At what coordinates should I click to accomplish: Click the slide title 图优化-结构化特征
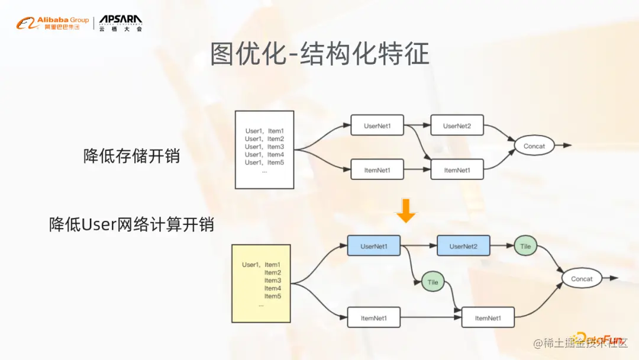pos(319,55)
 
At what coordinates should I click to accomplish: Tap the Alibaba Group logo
pos(53,24)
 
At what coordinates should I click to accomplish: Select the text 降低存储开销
pos(131,156)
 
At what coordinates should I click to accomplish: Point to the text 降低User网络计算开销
pos(131,225)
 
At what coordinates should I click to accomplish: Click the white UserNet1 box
pos(377,126)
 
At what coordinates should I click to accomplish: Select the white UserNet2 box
pos(457,126)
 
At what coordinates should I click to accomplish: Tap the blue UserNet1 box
pos(373,246)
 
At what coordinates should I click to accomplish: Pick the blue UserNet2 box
pos(463,246)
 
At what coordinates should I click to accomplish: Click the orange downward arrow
pos(406,211)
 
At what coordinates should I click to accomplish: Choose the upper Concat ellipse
pos(534,146)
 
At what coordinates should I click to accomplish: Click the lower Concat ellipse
pos(582,279)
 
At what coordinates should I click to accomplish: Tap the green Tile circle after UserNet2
pos(525,246)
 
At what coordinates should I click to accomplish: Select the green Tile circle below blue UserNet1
pos(433,282)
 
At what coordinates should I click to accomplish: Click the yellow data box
pos(260,283)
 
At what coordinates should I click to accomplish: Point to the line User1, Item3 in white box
pos(264,147)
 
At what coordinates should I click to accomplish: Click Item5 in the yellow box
pos(272,296)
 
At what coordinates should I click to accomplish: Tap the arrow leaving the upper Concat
pos(563,146)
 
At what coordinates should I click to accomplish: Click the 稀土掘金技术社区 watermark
pos(580,344)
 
